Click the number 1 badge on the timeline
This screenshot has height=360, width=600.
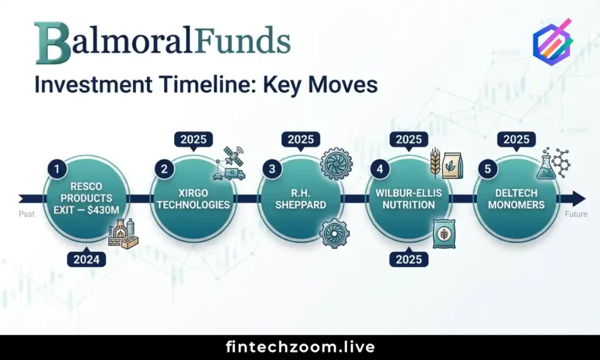tap(57, 169)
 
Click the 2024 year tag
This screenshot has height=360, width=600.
tap(87, 258)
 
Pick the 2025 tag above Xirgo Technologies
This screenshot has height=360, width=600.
tap(193, 140)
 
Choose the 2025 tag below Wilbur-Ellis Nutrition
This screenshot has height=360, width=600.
tap(409, 258)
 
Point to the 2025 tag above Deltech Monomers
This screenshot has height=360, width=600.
tap(516, 140)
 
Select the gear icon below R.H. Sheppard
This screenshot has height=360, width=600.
tap(334, 233)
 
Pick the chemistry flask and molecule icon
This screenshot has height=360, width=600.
tap(552, 164)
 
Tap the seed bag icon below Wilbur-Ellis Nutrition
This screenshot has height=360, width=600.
tap(443, 234)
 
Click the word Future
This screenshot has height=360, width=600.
tap(575, 214)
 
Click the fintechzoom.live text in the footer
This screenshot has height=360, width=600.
tap(300, 347)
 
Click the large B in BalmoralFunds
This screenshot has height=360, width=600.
tap(52, 43)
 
